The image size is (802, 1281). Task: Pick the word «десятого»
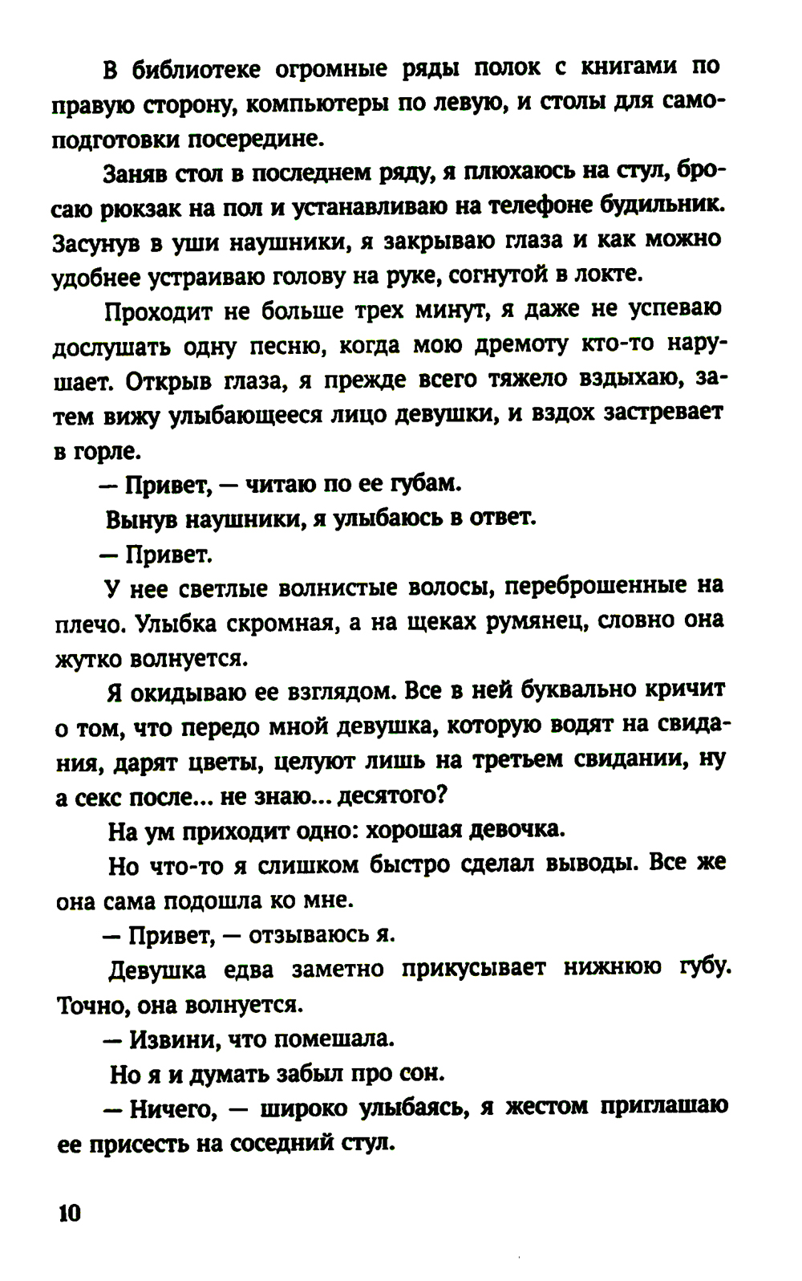[388, 796]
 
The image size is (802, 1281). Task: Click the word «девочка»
[516, 830]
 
